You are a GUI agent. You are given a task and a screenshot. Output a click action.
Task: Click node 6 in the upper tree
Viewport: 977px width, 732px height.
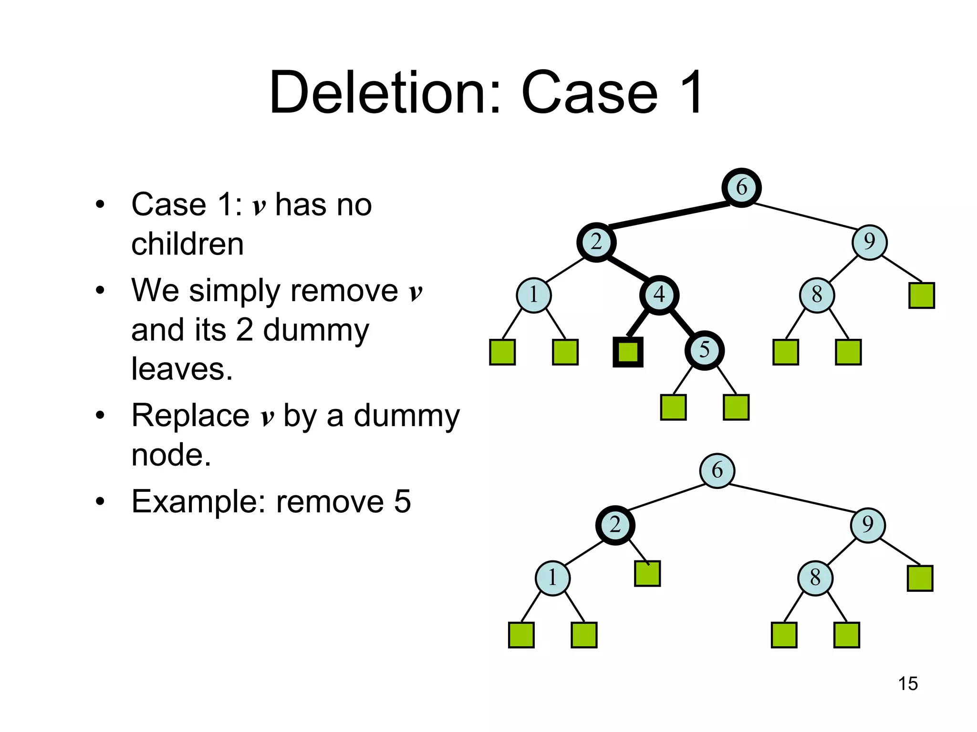point(741,187)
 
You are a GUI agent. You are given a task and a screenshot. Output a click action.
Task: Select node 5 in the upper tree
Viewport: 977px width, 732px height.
point(704,350)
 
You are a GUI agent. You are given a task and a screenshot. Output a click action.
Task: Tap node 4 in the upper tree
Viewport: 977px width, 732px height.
point(659,295)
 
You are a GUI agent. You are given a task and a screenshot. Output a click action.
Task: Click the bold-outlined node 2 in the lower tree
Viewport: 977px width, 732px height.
point(615,525)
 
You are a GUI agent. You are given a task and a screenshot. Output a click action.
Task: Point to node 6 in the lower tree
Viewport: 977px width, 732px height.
point(717,470)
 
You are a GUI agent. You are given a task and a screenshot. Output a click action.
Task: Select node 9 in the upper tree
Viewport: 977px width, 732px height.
point(869,242)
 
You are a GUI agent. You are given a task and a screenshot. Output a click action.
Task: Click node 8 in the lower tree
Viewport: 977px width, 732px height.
point(815,578)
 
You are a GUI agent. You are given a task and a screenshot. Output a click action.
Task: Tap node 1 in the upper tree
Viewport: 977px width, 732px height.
point(533,295)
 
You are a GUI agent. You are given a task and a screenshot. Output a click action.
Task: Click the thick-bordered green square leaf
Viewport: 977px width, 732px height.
point(628,352)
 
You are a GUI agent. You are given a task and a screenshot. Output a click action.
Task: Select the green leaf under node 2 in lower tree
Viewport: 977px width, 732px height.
point(647,573)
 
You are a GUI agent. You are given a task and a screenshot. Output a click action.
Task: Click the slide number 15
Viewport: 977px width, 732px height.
point(907,683)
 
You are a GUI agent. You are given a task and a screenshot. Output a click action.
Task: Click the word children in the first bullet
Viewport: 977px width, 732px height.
point(187,244)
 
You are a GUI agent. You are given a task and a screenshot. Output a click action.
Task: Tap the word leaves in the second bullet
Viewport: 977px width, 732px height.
point(182,369)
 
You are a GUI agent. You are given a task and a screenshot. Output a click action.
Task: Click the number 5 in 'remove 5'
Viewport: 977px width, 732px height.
point(402,501)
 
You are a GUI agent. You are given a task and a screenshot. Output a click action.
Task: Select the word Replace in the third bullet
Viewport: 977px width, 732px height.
point(190,415)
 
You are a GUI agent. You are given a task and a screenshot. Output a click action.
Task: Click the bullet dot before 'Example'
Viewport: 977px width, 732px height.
point(100,502)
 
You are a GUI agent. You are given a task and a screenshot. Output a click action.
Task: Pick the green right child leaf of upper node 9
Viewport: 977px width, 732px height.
point(921,295)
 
